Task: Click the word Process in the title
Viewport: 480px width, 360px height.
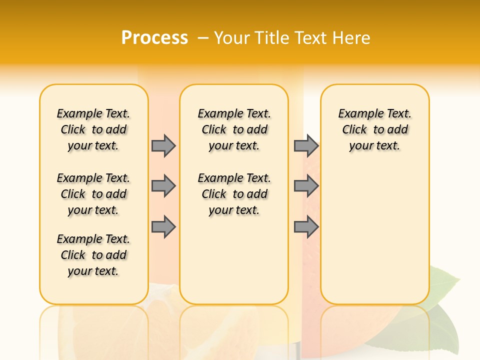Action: pyautogui.click(x=154, y=37)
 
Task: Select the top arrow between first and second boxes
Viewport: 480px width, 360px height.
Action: pyautogui.click(x=163, y=145)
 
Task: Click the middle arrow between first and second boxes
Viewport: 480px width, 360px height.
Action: pyautogui.click(x=163, y=186)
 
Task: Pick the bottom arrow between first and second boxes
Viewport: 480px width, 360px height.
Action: pyautogui.click(x=163, y=227)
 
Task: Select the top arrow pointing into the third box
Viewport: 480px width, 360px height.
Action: pyautogui.click(x=306, y=145)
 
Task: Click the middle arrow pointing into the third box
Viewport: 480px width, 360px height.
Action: pyautogui.click(x=306, y=186)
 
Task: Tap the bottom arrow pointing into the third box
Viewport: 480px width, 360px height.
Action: pyautogui.click(x=306, y=227)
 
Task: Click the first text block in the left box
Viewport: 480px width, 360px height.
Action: pyautogui.click(x=93, y=129)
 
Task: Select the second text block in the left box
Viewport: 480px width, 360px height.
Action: pyautogui.click(x=93, y=194)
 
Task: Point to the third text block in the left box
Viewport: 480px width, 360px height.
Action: pyautogui.click(x=93, y=255)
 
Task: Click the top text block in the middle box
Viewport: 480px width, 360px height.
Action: pyautogui.click(x=234, y=129)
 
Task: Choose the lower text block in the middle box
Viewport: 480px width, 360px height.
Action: pyautogui.click(x=234, y=194)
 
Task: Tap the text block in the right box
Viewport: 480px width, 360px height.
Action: pyautogui.click(x=374, y=129)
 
